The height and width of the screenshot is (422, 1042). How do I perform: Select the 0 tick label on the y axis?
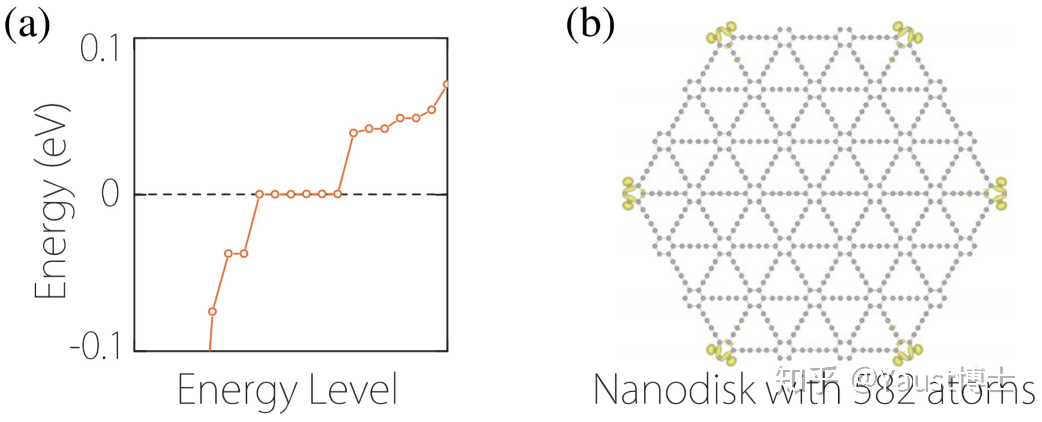110,194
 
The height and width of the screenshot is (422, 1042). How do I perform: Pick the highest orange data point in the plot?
446,85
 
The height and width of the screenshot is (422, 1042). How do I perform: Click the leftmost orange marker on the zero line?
259,194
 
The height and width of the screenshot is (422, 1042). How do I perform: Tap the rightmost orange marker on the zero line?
337,194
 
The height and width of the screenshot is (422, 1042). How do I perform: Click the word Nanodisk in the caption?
674,390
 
